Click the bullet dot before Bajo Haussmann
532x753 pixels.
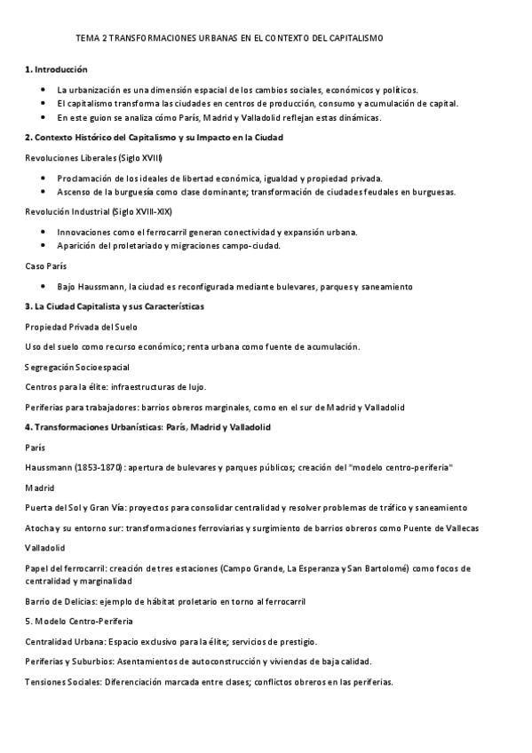click(x=44, y=287)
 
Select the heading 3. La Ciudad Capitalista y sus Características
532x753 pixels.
click(x=115, y=306)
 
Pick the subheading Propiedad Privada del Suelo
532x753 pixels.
click(x=75, y=327)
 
